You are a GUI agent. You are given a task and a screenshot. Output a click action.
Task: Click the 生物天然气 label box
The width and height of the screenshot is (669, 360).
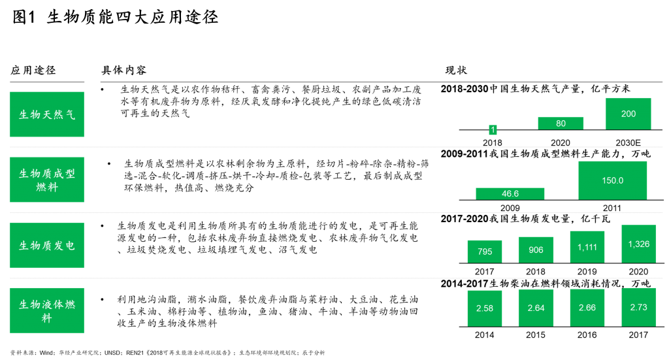[x=46, y=114]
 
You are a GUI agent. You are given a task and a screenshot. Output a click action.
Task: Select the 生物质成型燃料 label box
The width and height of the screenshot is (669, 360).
[x=46, y=180]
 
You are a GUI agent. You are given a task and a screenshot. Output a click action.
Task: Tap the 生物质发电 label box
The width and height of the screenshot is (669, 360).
[x=46, y=245]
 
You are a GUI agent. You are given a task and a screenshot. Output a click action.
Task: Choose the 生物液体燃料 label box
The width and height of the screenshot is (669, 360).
[x=46, y=310]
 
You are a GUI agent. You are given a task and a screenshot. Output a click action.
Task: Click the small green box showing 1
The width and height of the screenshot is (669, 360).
[x=493, y=130]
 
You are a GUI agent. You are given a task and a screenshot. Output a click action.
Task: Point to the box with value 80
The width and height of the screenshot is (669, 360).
[x=561, y=123]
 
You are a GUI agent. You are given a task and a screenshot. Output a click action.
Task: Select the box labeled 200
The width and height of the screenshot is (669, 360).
[x=628, y=114]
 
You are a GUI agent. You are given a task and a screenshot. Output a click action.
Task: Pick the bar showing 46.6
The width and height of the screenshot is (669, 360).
[x=510, y=193]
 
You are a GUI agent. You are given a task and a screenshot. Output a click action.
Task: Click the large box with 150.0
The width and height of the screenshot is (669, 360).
[x=612, y=180]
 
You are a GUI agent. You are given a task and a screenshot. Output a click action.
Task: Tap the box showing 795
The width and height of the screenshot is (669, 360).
[x=485, y=252]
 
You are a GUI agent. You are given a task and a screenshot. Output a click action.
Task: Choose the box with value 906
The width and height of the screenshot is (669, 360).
[x=536, y=250]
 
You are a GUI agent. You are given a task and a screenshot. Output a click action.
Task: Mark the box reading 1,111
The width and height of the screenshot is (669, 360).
[x=587, y=247]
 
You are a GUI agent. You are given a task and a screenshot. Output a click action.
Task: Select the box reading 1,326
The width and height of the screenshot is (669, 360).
[x=638, y=244]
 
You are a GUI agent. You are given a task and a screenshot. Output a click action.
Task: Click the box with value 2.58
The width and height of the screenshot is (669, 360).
[x=485, y=308]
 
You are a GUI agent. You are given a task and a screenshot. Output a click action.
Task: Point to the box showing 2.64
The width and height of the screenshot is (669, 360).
[x=536, y=307]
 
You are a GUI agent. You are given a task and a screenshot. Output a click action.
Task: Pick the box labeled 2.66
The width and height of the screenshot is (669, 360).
[x=587, y=307]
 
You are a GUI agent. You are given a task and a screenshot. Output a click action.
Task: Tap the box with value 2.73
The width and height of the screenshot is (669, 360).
[x=638, y=307]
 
